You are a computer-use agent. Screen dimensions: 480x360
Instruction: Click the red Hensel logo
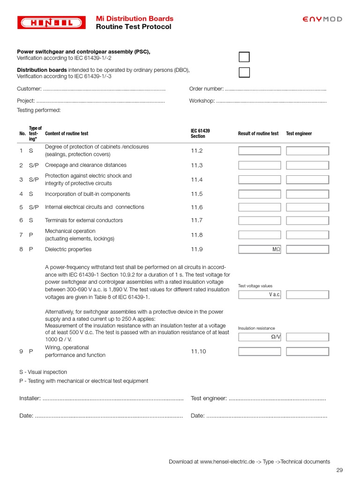[52, 22]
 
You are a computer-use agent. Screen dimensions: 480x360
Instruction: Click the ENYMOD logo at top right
[322, 19]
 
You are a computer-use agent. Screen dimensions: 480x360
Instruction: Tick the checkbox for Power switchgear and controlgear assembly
[244, 57]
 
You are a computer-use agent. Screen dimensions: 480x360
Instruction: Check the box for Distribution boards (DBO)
[244, 72]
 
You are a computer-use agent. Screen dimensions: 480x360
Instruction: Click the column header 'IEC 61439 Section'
[200, 134]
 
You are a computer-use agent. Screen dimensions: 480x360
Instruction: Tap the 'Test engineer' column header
[299, 134]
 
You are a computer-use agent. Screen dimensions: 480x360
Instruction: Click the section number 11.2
[196, 151]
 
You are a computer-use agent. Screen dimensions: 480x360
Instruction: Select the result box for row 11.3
[259, 165]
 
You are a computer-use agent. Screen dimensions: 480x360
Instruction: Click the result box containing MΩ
[259, 249]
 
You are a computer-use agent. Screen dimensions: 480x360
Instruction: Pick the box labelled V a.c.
[259, 295]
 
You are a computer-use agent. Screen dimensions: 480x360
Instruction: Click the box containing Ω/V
[259, 337]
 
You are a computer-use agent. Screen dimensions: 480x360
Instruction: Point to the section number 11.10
[198, 352]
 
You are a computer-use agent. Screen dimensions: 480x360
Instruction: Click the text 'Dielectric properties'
[68, 249]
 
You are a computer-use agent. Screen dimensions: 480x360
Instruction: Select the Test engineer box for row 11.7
[307, 221]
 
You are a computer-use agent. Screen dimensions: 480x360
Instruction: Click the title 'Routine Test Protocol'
[134, 27]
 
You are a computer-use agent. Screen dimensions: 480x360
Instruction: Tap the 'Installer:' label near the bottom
[30, 398]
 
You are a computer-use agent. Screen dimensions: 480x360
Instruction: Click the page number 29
[340, 470]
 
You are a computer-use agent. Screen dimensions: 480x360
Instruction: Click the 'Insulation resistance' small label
[256, 328]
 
